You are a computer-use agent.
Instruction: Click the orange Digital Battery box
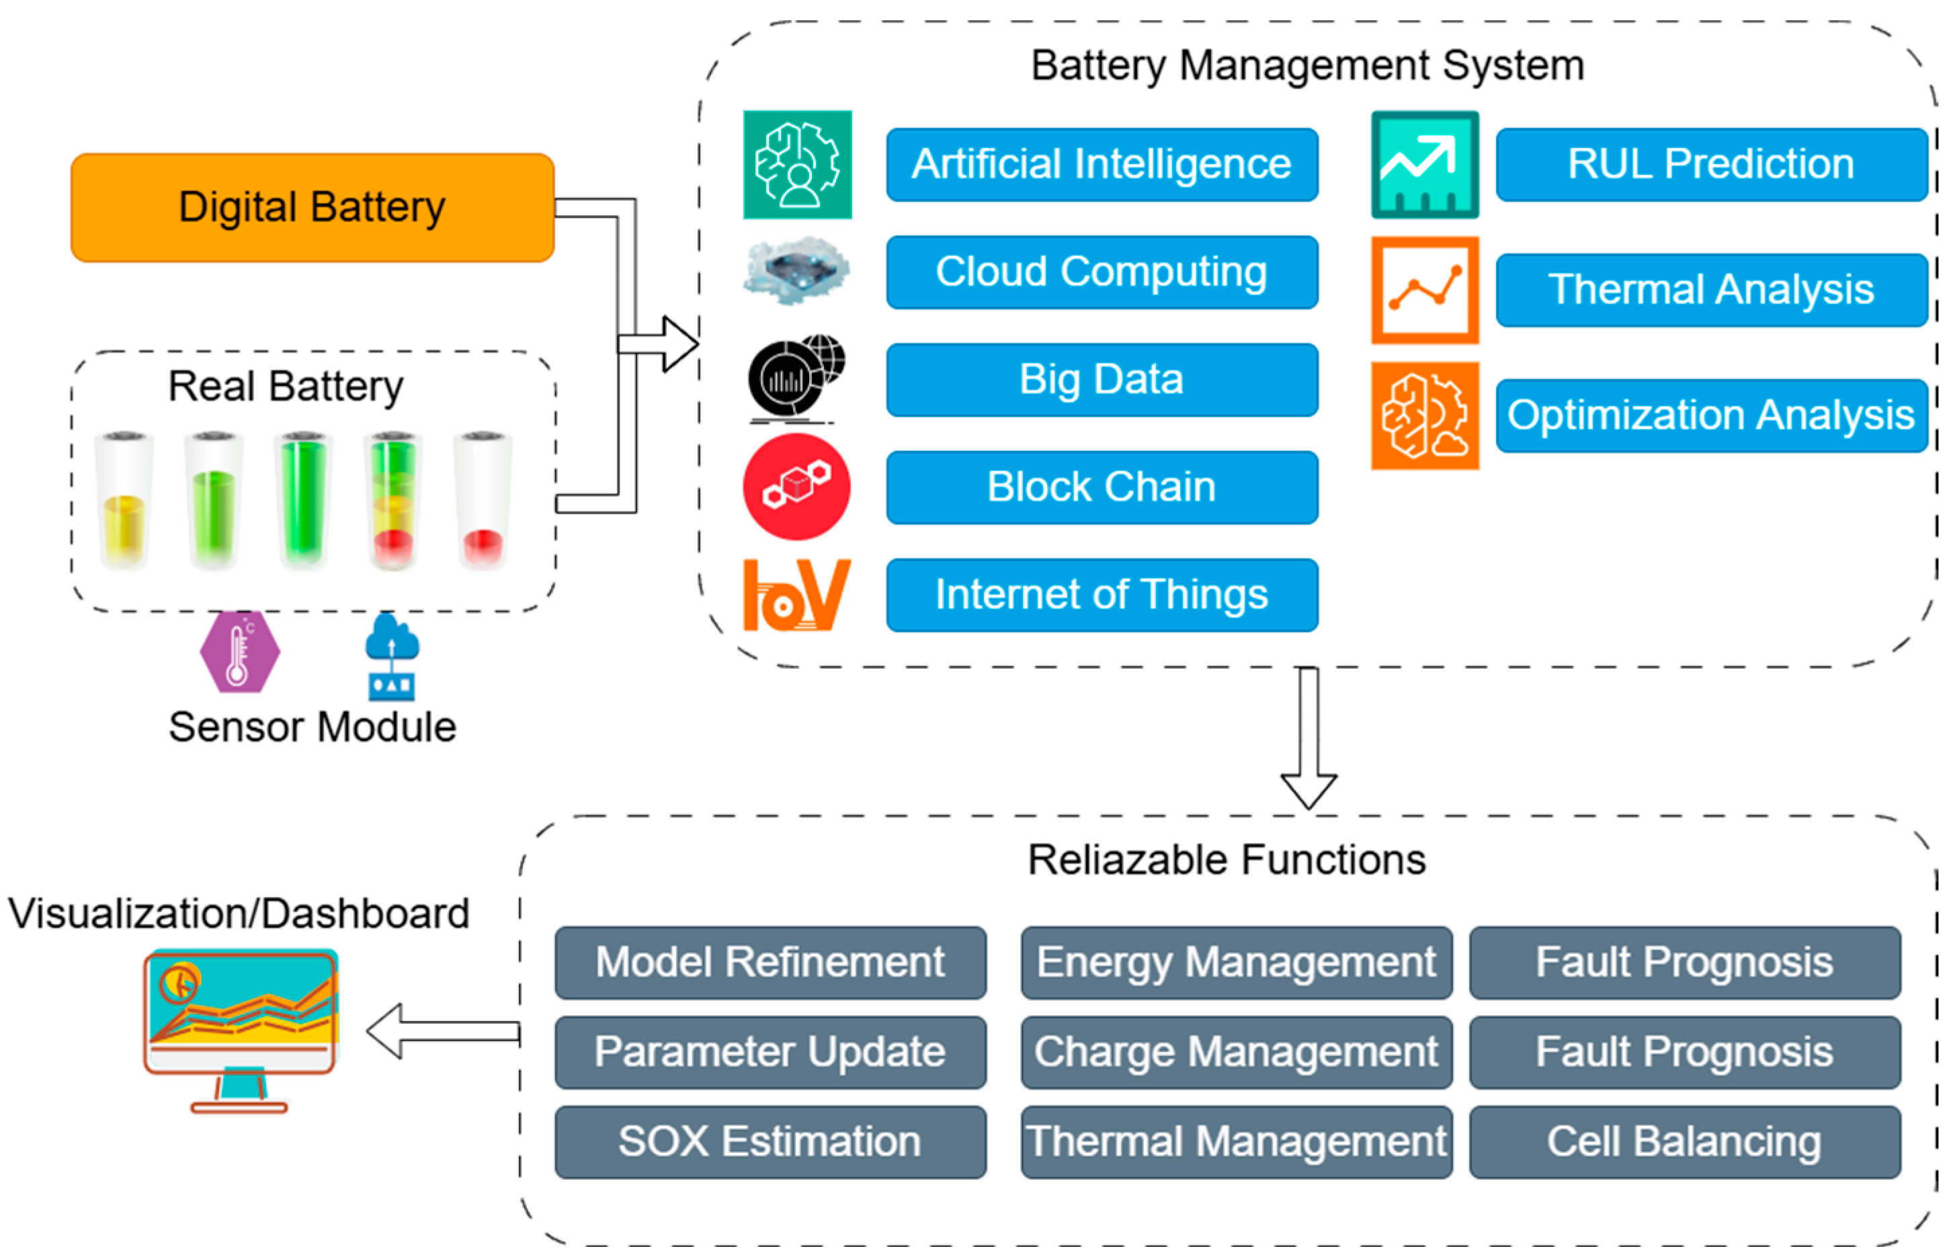313,208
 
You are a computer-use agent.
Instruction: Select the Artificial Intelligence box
1102,164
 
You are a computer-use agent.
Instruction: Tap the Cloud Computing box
1102,272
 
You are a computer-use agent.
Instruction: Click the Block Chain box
1102,487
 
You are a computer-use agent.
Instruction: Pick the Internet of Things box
1102,595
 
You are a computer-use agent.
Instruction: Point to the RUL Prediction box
1712,164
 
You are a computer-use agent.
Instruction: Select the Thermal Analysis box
1712,290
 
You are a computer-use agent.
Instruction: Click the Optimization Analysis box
1712,415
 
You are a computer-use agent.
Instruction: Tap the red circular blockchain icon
797,487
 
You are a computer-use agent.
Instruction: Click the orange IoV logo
797,595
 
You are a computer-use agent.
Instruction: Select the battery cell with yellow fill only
124,500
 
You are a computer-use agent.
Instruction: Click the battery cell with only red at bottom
483,500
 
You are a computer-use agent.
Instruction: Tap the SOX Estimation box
770,1142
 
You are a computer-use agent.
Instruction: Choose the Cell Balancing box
1685,1142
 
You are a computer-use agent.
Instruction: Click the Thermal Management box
1236,1142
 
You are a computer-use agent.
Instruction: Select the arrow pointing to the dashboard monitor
443,1032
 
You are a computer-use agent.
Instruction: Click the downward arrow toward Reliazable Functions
1309,738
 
